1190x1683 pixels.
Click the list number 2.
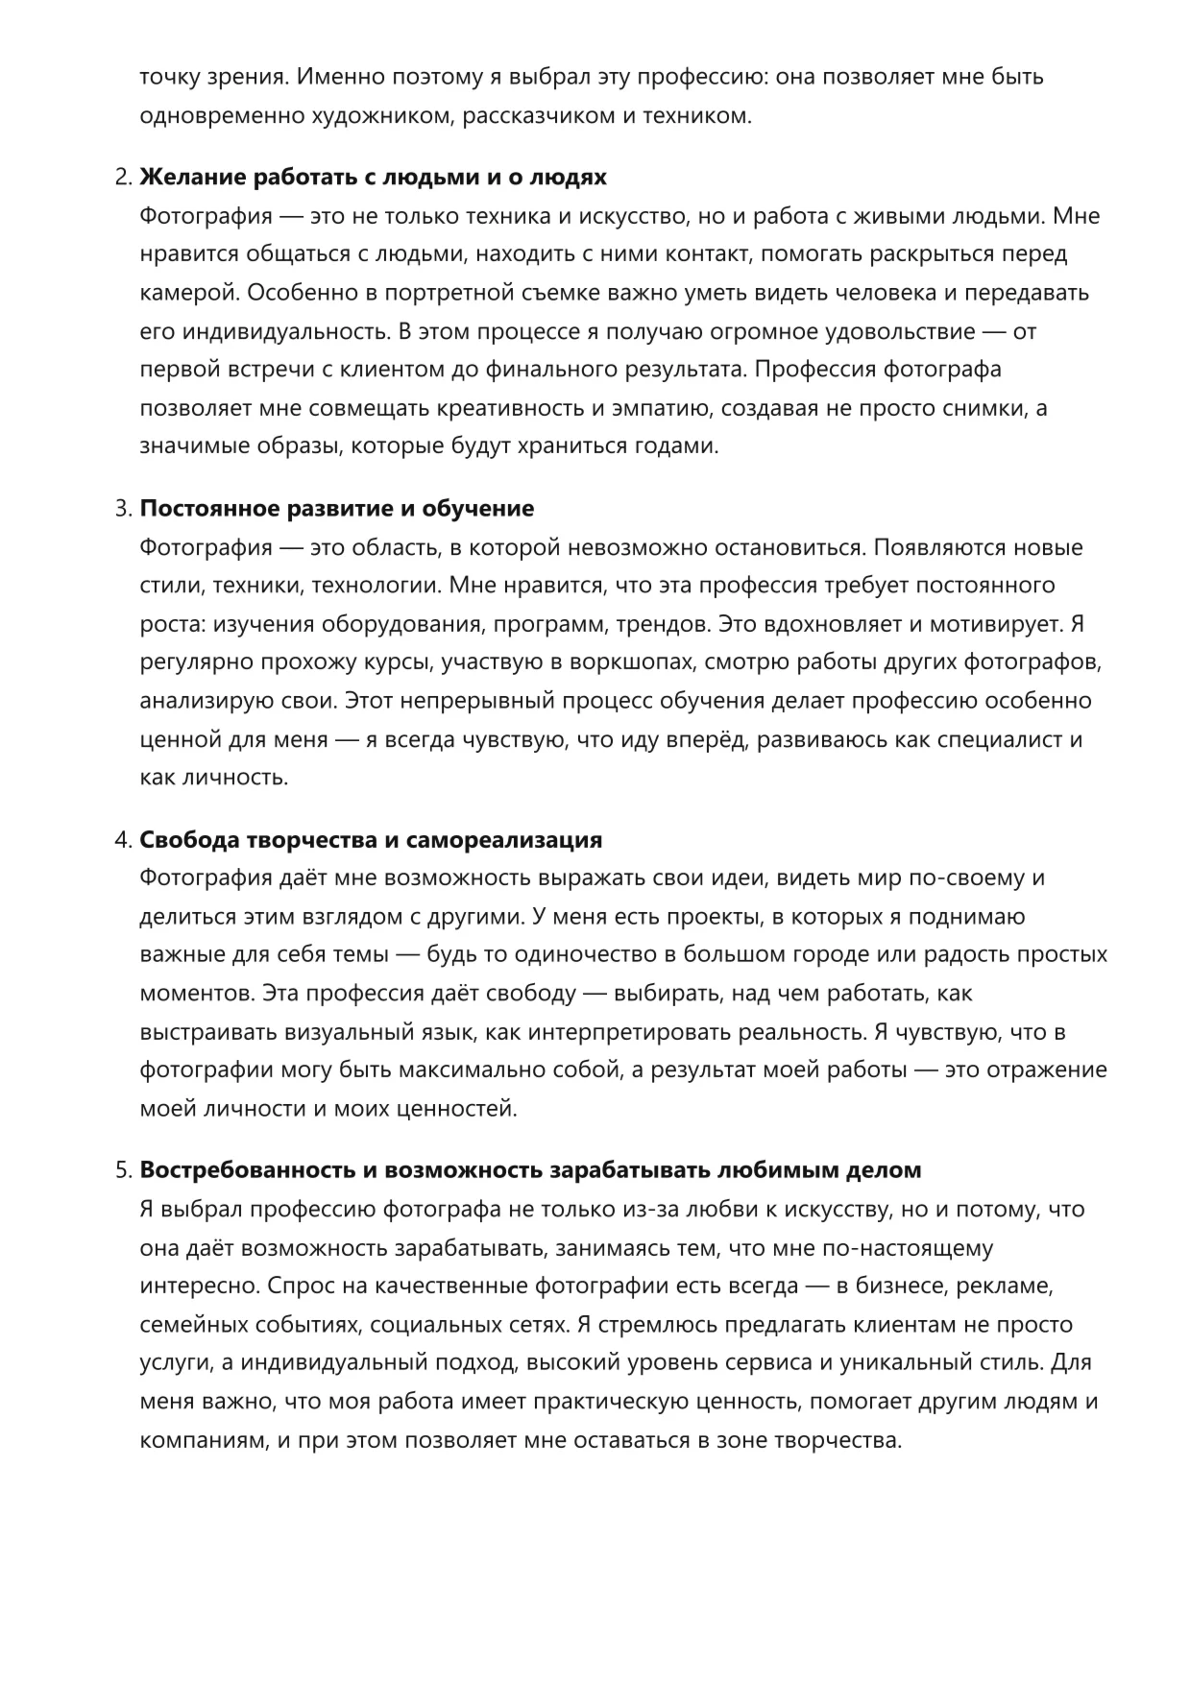point(122,178)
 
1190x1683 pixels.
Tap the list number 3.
point(122,509)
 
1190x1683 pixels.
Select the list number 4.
point(122,840)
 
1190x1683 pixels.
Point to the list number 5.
point(122,1170)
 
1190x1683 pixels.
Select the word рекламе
point(1014,1286)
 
